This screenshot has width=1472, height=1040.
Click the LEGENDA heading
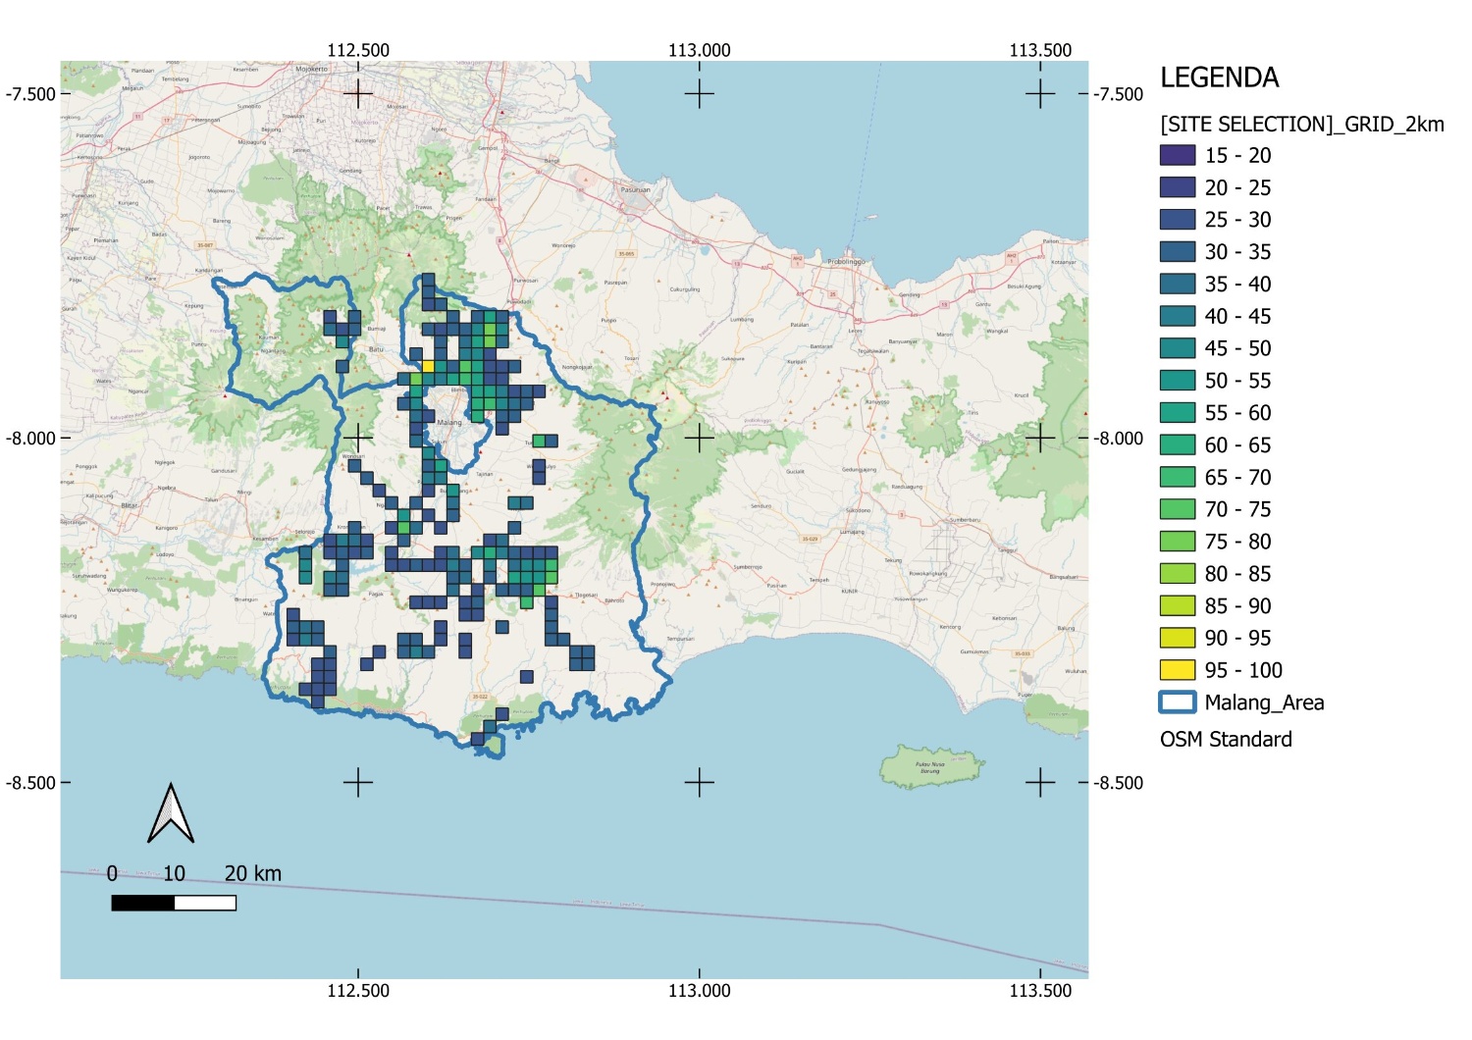coord(1219,78)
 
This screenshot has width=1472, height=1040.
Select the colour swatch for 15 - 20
coord(1177,155)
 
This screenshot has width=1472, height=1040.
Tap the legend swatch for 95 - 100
coord(1177,670)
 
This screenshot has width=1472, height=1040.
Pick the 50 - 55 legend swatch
coord(1177,381)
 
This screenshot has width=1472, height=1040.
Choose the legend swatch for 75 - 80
coord(1177,542)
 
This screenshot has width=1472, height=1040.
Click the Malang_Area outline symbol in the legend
coord(1177,702)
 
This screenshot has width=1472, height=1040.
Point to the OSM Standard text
coord(1226,740)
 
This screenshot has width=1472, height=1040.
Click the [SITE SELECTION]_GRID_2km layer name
coord(1301,124)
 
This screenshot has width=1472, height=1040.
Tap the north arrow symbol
coord(171,814)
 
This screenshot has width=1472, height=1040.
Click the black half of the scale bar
coord(143,903)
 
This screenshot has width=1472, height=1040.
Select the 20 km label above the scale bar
coord(252,873)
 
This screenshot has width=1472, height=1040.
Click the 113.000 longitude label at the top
coord(699,50)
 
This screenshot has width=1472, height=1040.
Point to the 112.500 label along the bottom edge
coord(358,991)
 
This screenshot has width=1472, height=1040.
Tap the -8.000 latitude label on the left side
coord(30,439)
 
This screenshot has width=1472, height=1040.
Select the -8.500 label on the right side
coord(1119,783)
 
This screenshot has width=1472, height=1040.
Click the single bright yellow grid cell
coord(428,366)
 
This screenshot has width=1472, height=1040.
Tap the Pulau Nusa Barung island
coord(931,767)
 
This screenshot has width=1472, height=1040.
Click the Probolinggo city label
coord(845,262)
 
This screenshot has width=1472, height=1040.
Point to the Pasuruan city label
coord(635,189)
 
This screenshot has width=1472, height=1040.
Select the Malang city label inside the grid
coord(448,423)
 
